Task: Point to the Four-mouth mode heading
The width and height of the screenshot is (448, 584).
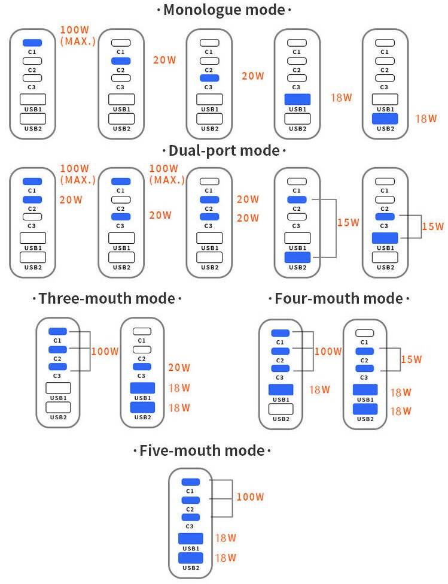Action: point(339,298)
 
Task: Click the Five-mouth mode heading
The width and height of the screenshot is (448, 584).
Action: point(202,450)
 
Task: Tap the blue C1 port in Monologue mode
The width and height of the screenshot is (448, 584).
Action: point(32,43)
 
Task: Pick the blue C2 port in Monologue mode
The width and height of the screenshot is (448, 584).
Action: point(120,61)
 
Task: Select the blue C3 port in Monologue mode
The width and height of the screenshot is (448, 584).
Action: point(209,78)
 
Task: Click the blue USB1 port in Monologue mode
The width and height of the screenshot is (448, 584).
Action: point(297,99)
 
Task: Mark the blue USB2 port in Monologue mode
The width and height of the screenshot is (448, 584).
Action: point(386,119)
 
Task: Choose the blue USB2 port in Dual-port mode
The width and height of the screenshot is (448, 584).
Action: point(297,258)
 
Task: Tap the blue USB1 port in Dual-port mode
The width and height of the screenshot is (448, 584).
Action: point(386,238)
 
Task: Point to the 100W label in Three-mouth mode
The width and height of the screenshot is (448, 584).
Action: point(105,351)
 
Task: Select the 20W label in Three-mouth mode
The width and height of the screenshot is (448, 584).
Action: point(179,368)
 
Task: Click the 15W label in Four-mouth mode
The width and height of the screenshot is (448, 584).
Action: point(411,359)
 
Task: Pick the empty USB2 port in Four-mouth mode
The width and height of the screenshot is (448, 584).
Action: point(281,409)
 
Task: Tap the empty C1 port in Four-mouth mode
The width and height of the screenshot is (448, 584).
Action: point(364,333)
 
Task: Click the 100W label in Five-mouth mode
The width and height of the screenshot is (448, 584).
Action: point(250,497)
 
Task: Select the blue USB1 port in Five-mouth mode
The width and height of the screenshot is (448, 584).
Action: point(190,538)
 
